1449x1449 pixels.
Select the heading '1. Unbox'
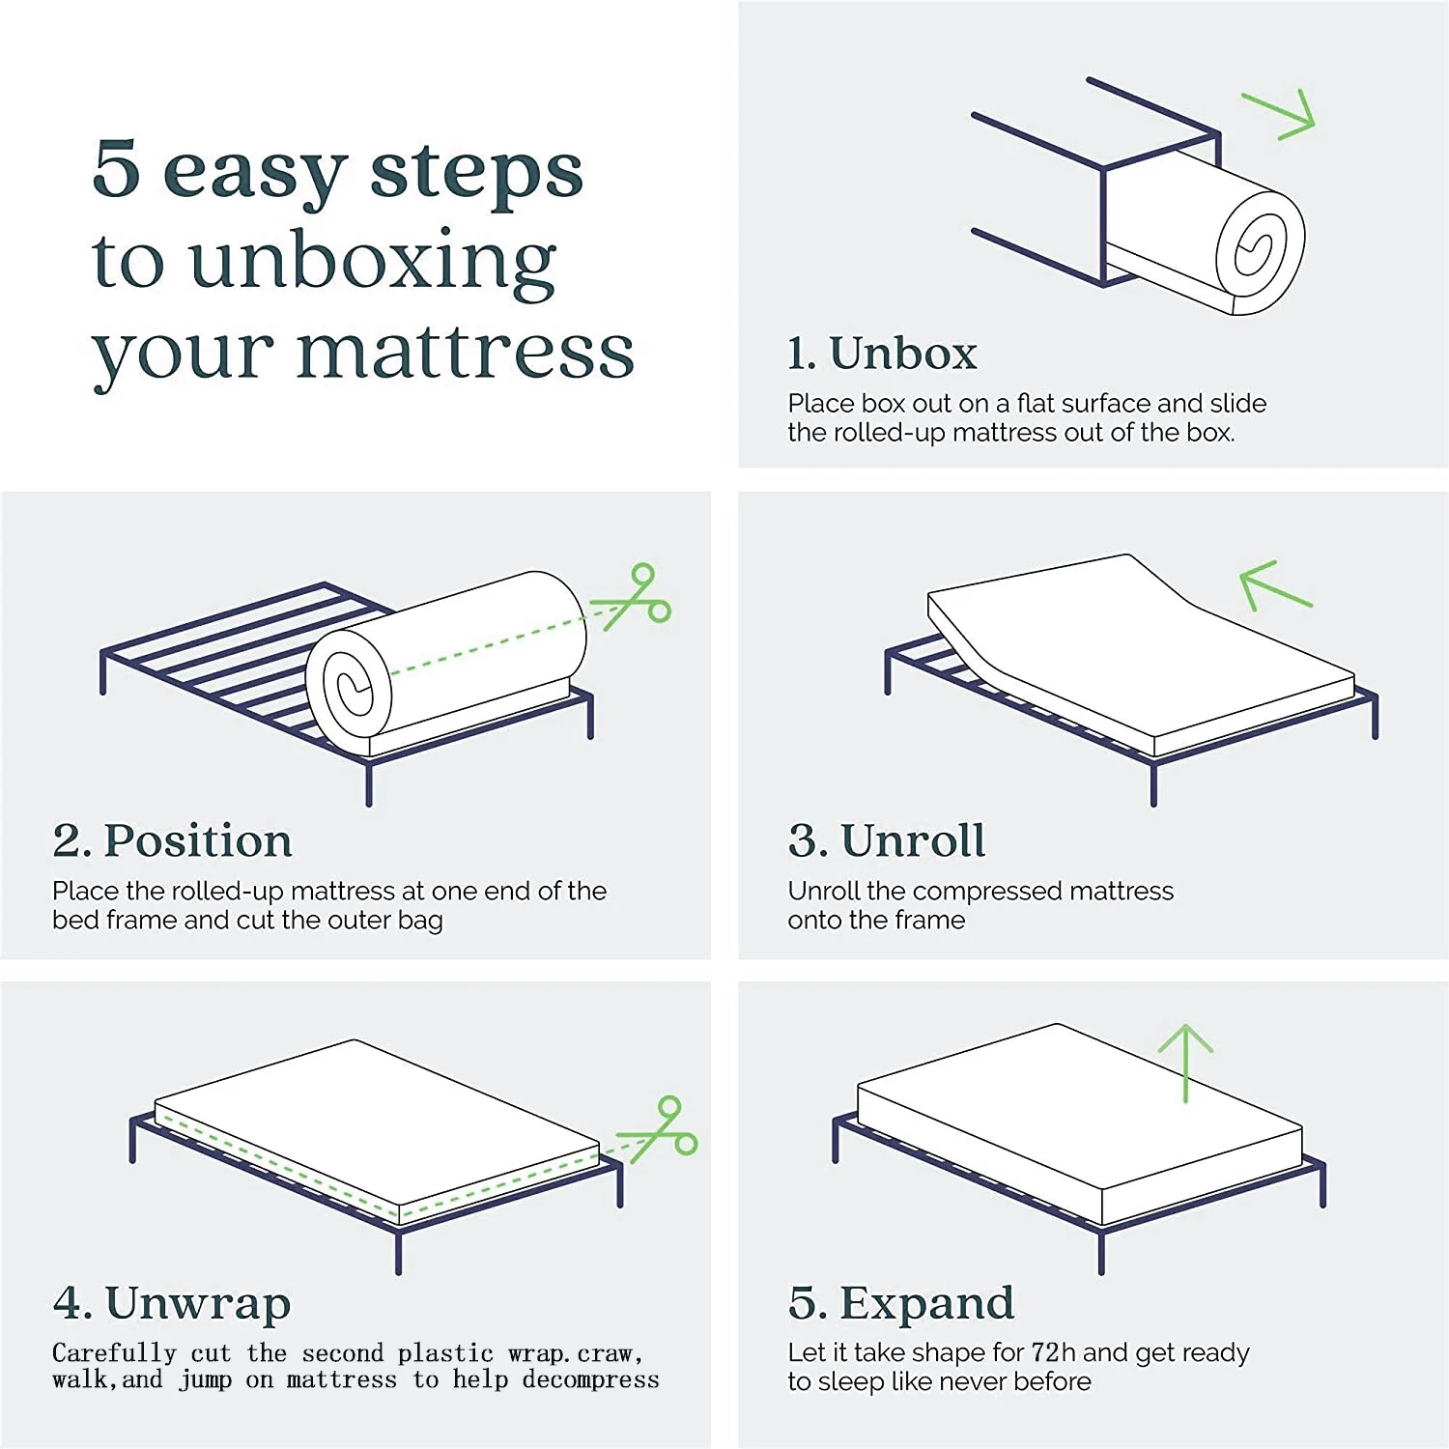coord(882,353)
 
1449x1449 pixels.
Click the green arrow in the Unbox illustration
coord(1278,116)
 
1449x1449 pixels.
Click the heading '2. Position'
coord(172,840)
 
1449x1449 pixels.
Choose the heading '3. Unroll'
coord(887,840)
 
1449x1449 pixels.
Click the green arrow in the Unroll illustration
coord(1275,585)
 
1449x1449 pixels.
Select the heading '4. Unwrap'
coord(172,1304)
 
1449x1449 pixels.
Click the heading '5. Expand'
coord(901,1304)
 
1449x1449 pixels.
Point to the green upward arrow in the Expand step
coord(1185,1064)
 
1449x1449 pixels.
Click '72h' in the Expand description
coord(1054,1352)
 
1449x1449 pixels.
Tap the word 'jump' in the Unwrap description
coord(206,1381)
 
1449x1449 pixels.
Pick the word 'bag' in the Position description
coord(420,922)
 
